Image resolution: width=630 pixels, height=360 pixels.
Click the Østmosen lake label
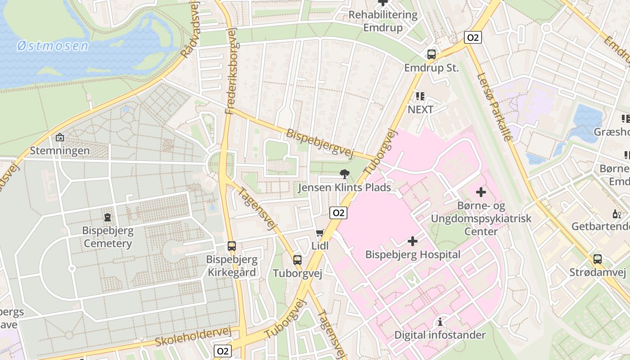point(52,46)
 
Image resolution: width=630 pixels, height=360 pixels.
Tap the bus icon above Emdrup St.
point(431,54)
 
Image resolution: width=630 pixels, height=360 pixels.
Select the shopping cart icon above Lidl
point(320,233)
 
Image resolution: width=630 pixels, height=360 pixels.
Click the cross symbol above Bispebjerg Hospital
point(413,241)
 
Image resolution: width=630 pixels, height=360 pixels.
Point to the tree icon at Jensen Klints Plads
point(345,174)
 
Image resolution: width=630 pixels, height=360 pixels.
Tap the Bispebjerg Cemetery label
point(107,237)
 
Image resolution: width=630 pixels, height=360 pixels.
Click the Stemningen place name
point(60,150)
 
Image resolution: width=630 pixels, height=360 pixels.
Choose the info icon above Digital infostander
point(440,322)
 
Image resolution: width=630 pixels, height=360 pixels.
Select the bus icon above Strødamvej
point(597,259)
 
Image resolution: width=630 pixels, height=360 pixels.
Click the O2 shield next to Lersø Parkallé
point(473,37)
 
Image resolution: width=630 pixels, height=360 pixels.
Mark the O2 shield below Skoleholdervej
point(223,351)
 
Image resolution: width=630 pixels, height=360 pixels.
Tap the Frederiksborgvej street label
point(231,70)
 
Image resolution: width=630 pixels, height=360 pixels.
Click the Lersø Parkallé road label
point(495,107)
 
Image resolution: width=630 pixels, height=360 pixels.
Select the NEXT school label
point(420,109)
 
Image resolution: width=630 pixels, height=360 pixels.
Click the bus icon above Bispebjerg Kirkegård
point(231,246)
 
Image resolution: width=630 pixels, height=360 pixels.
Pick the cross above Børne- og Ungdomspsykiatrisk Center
point(481,193)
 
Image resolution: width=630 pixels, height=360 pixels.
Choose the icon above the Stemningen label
point(60,137)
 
